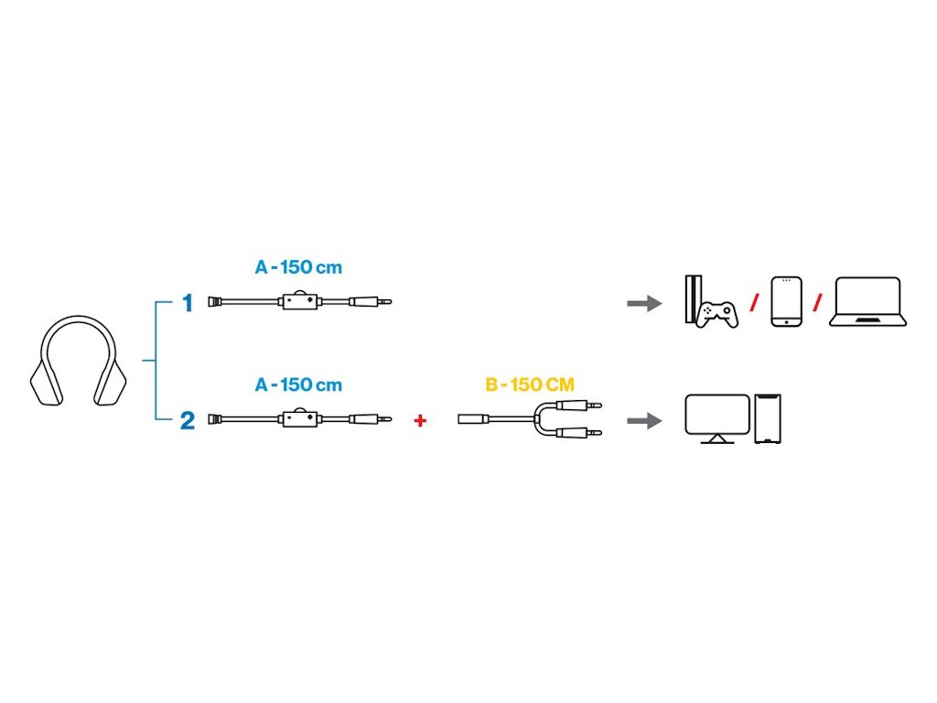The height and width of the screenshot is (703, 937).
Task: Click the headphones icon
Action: [80, 361]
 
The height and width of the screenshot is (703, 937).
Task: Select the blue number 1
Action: [188, 303]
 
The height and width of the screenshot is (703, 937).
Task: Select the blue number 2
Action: [188, 420]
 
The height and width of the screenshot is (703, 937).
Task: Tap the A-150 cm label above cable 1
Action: [298, 268]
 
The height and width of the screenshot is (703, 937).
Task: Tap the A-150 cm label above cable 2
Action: [298, 385]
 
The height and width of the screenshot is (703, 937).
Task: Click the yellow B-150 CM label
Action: [530, 385]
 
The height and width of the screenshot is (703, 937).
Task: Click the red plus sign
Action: [420, 421]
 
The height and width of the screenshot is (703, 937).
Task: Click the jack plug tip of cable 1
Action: [384, 301]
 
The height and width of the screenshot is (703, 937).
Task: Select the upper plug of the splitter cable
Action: [589, 404]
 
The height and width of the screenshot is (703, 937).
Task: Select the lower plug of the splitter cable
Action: [589, 432]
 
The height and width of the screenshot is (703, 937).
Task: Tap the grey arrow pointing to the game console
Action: [644, 303]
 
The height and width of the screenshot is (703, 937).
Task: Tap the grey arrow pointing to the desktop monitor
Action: [644, 420]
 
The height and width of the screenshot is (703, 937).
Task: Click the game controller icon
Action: [717, 314]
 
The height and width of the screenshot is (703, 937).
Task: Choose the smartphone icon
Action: [786, 301]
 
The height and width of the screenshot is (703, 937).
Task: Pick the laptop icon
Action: [867, 301]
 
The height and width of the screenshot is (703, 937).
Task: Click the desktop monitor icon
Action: [717, 418]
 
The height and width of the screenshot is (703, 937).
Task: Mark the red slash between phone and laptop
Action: [818, 302]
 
